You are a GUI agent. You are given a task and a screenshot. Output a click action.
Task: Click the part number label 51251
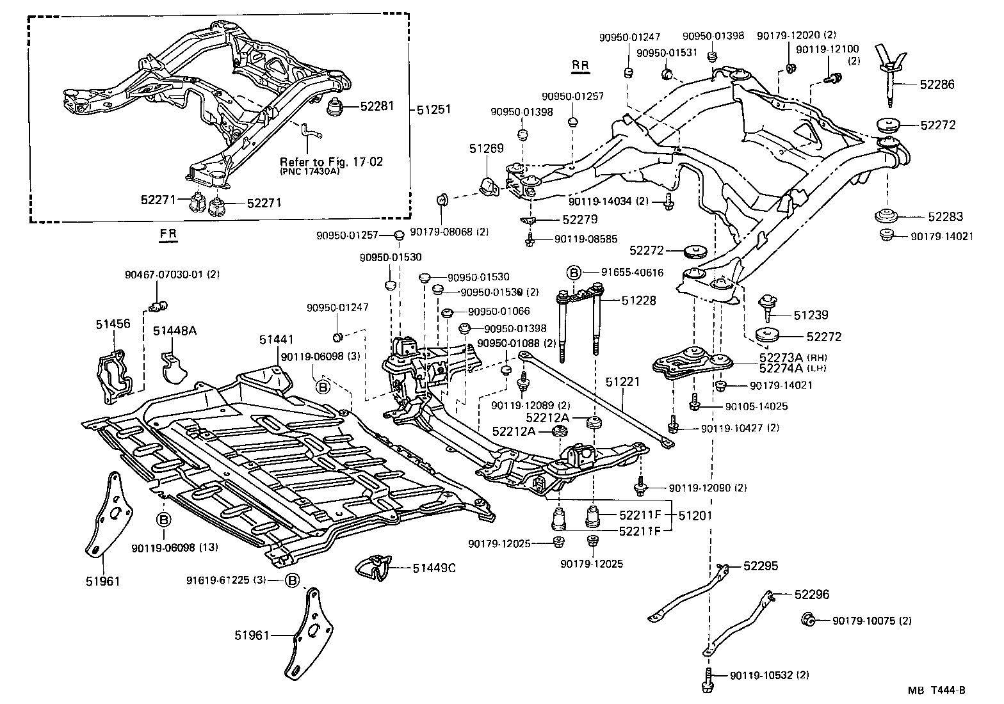tap(435, 109)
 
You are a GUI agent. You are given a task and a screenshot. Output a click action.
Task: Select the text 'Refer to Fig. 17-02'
tap(331, 162)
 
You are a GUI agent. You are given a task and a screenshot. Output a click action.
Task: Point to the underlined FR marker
tap(168, 234)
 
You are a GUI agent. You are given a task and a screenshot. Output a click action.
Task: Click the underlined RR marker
tap(580, 65)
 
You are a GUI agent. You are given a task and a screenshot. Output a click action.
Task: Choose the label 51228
tap(639, 300)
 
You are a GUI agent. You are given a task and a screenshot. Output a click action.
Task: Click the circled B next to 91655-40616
tap(574, 273)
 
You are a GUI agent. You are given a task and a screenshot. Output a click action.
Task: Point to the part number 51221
tap(622, 382)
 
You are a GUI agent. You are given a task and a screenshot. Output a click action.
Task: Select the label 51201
tap(696, 515)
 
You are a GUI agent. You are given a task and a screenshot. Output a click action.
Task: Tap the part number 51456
tap(113, 324)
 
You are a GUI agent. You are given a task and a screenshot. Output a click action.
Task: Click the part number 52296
tap(811, 595)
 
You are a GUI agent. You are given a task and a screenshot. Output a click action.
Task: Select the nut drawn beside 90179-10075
tap(809, 619)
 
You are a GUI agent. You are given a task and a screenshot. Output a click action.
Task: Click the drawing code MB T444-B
tap(935, 690)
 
